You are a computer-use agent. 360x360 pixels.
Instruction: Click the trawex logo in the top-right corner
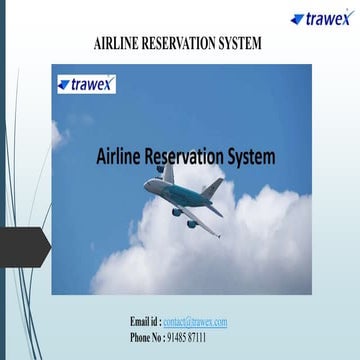pos(322,18)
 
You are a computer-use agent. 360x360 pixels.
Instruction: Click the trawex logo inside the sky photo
pos(86,84)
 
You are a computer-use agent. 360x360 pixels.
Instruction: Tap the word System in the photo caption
pos(252,157)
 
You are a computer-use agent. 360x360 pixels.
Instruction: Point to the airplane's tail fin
pos(212,188)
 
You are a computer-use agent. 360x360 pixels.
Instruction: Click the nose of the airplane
pos(146,185)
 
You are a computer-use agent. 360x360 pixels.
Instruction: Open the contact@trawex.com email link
pos(195,322)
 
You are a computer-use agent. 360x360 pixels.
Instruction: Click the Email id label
pos(144,322)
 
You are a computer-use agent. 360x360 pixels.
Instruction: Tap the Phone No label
pos(150,337)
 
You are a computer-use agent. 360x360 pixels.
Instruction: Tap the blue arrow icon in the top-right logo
pos(297,18)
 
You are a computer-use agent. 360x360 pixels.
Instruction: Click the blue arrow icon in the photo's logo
pos(63,84)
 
